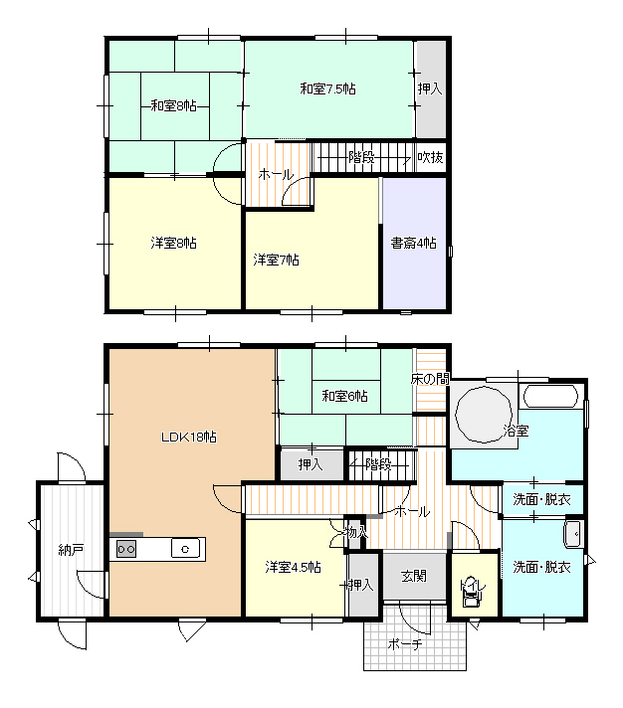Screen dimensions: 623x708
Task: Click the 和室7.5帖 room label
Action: [327, 88]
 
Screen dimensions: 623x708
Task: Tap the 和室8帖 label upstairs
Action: [173, 106]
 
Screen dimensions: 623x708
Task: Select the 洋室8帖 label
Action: [173, 243]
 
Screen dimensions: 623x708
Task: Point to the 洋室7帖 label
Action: [276, 260]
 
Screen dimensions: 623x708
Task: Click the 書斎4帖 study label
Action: [413, 243]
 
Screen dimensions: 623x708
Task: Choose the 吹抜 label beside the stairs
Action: [430, 157]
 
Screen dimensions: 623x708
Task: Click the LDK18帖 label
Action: [189, 437]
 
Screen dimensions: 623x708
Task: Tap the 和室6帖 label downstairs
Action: [344, 396]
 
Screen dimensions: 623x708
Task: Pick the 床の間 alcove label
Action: [430, 379]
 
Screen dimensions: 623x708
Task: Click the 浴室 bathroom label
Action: [516, 431]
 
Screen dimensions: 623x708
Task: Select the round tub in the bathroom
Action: [484, 415]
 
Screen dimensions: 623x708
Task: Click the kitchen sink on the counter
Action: [185, 549]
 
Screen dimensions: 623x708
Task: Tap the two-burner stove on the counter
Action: [126, 549]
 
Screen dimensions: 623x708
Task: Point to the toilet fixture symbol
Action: [472, 597]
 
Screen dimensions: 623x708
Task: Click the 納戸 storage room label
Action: [71, 550]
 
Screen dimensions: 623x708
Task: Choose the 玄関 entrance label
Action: [413, 576]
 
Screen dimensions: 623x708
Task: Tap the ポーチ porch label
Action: [405, 644]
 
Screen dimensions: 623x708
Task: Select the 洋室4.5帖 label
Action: [294, 567]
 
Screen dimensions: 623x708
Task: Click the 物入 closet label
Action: [356, 532]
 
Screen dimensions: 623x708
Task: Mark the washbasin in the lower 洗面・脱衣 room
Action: [574, 534]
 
